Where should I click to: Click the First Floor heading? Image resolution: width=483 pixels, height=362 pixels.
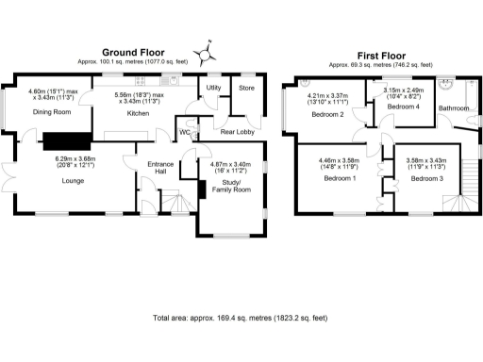coord(381,56)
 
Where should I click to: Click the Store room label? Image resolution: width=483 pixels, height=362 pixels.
coord(246,89)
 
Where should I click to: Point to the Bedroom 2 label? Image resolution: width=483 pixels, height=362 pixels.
coord(326,112)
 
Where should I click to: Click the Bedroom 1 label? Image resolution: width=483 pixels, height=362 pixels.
coord(340,177)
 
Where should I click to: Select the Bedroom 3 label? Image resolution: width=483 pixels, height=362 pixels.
coord(425,177)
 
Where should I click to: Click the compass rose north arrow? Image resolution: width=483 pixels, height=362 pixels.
coord(205,52)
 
